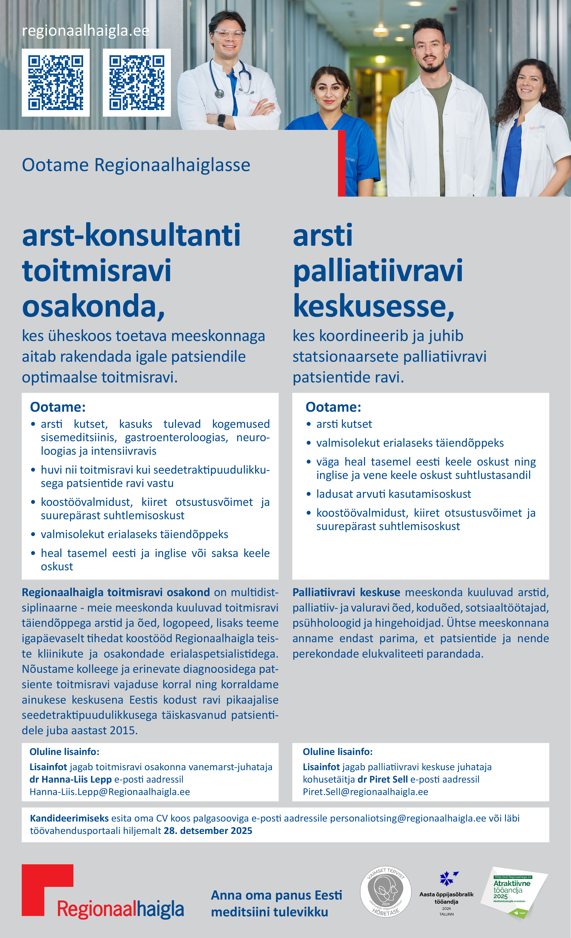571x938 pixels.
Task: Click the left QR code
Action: [x=55, y=83]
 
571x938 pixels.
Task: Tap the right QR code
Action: [x=137, y=83]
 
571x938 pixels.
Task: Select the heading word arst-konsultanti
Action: [x=131, y=235]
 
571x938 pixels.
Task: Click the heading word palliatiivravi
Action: [x=378, y=271]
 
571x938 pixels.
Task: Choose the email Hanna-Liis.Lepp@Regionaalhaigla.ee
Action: [x=110, y=792]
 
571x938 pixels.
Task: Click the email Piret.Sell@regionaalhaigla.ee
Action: [x=365, y=792]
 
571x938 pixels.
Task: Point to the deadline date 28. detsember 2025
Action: [x=208, y=831]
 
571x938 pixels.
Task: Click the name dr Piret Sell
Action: [x=383, y=779]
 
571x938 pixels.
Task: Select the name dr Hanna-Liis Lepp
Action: [x=70, y=779]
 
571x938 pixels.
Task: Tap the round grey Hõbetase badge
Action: [x=386, y=891]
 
